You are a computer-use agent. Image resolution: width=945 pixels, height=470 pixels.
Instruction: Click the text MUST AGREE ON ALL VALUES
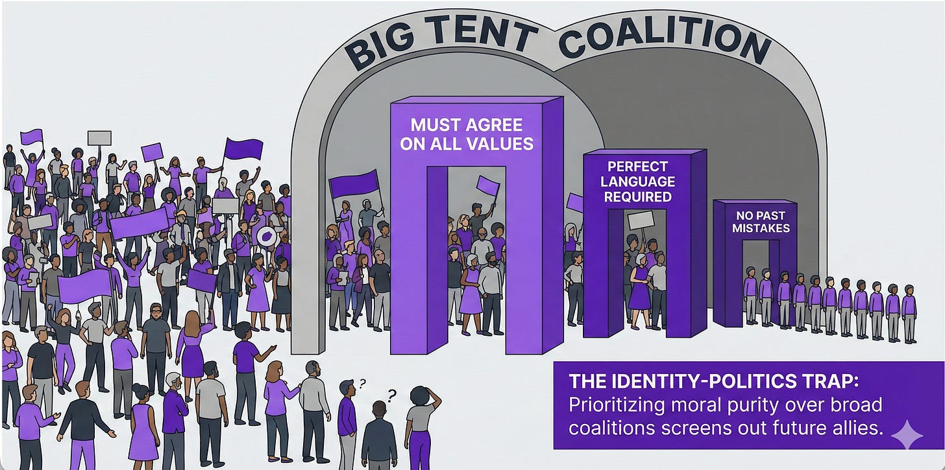pyautogui.click(x=467, y=134)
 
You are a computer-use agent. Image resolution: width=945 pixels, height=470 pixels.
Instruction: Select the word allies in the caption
pyautogui.click(x=850, y=430)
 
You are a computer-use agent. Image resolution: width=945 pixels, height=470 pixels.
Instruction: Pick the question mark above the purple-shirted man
pyautogui.click(x=362, y=383)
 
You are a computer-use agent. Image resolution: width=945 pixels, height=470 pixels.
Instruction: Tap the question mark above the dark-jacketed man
pyautogui.click(x=391, y=394)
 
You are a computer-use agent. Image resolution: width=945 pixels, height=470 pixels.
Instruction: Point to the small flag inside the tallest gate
pyautogui.click(x=488, y=186)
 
